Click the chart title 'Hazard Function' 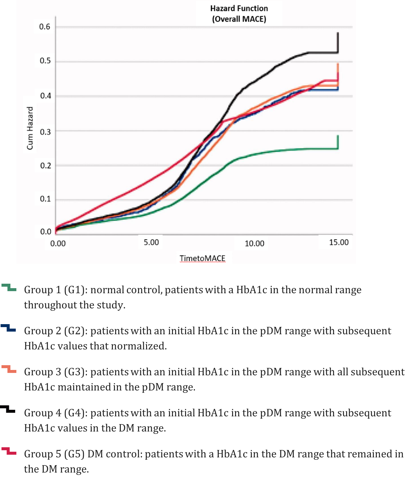point(239,8)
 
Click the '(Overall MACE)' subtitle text point(239,19)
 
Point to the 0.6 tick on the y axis point(45,27)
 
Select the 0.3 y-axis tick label point(45,131)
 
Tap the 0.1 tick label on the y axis point(45,199)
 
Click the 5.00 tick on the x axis point(151,242)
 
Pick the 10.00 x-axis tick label point(254,244)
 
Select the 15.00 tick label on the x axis point(339,242)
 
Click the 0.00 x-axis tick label point(58,244)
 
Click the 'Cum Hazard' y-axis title point(30,128)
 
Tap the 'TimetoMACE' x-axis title point(202,258)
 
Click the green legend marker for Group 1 point(9,288)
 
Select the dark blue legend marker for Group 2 point(8,328)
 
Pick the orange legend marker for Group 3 point(9,369)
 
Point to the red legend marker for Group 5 point(9,451)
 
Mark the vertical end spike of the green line point(338,142)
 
